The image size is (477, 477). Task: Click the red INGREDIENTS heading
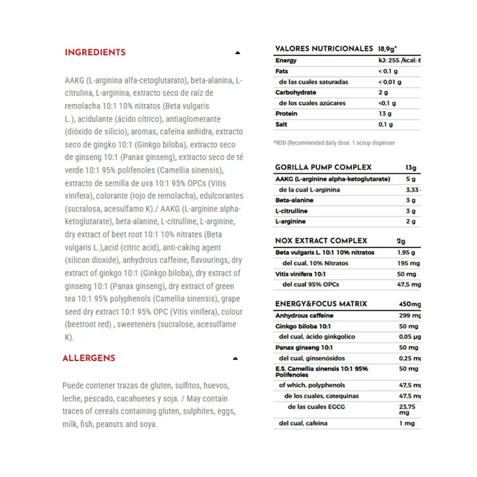95,52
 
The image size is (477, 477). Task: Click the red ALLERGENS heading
89,358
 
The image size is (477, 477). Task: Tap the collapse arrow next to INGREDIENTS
238,53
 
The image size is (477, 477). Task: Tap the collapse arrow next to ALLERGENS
235,358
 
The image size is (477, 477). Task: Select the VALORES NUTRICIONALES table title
324,49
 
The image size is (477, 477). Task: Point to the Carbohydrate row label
296,93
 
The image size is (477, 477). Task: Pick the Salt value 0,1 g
385,124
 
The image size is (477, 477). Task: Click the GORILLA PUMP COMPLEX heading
323,167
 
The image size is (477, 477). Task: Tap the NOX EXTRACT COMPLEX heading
321,241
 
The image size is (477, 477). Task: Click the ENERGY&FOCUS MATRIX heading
321,304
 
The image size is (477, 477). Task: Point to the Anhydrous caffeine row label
304,316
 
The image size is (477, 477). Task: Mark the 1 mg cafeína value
406,424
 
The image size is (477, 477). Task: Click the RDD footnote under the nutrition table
334,143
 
